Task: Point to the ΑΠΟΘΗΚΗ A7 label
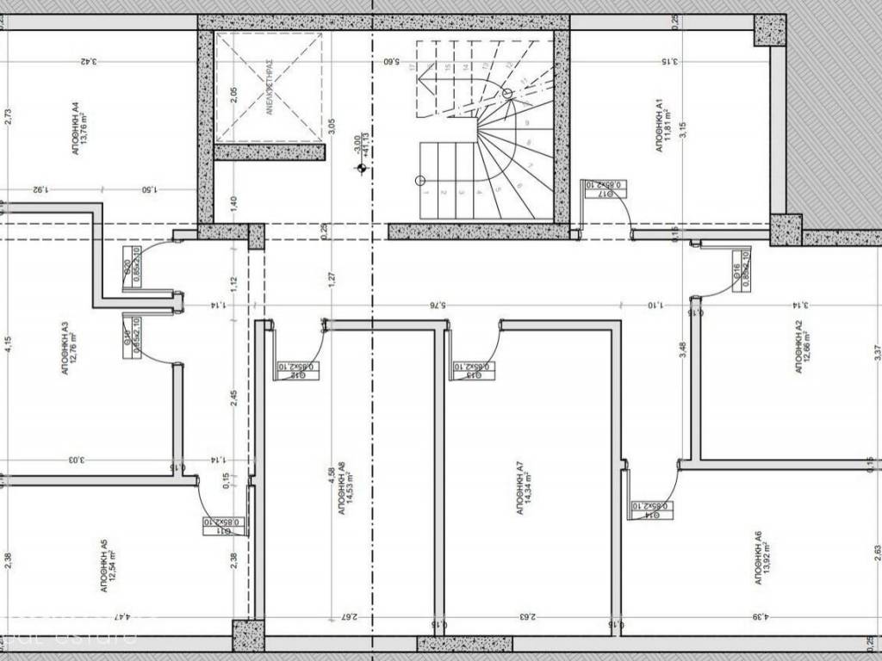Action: (x=520, y=488)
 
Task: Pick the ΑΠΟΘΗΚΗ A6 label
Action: (x=757, y=559)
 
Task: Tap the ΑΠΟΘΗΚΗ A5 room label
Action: (x=103, y=564)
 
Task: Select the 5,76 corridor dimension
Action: (x=440, y=304)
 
